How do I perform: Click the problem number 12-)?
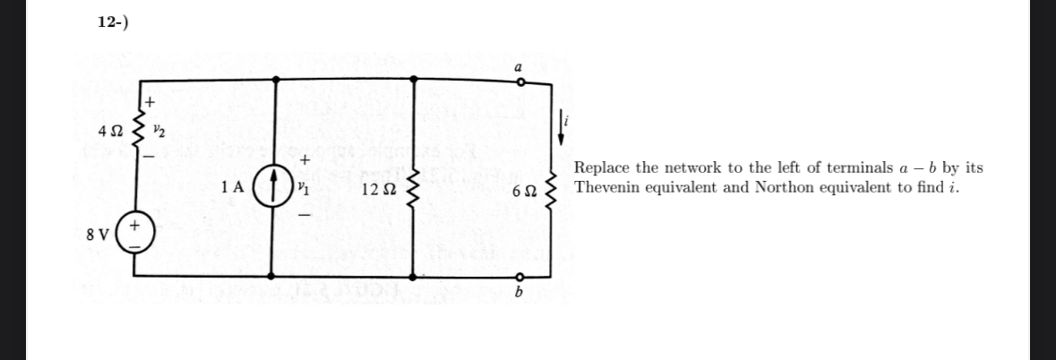[x=113, y=22]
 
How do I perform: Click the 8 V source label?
[x=97, y=236]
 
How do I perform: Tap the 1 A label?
[x=232, y=188]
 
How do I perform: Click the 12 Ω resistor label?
[x=376, y=190]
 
